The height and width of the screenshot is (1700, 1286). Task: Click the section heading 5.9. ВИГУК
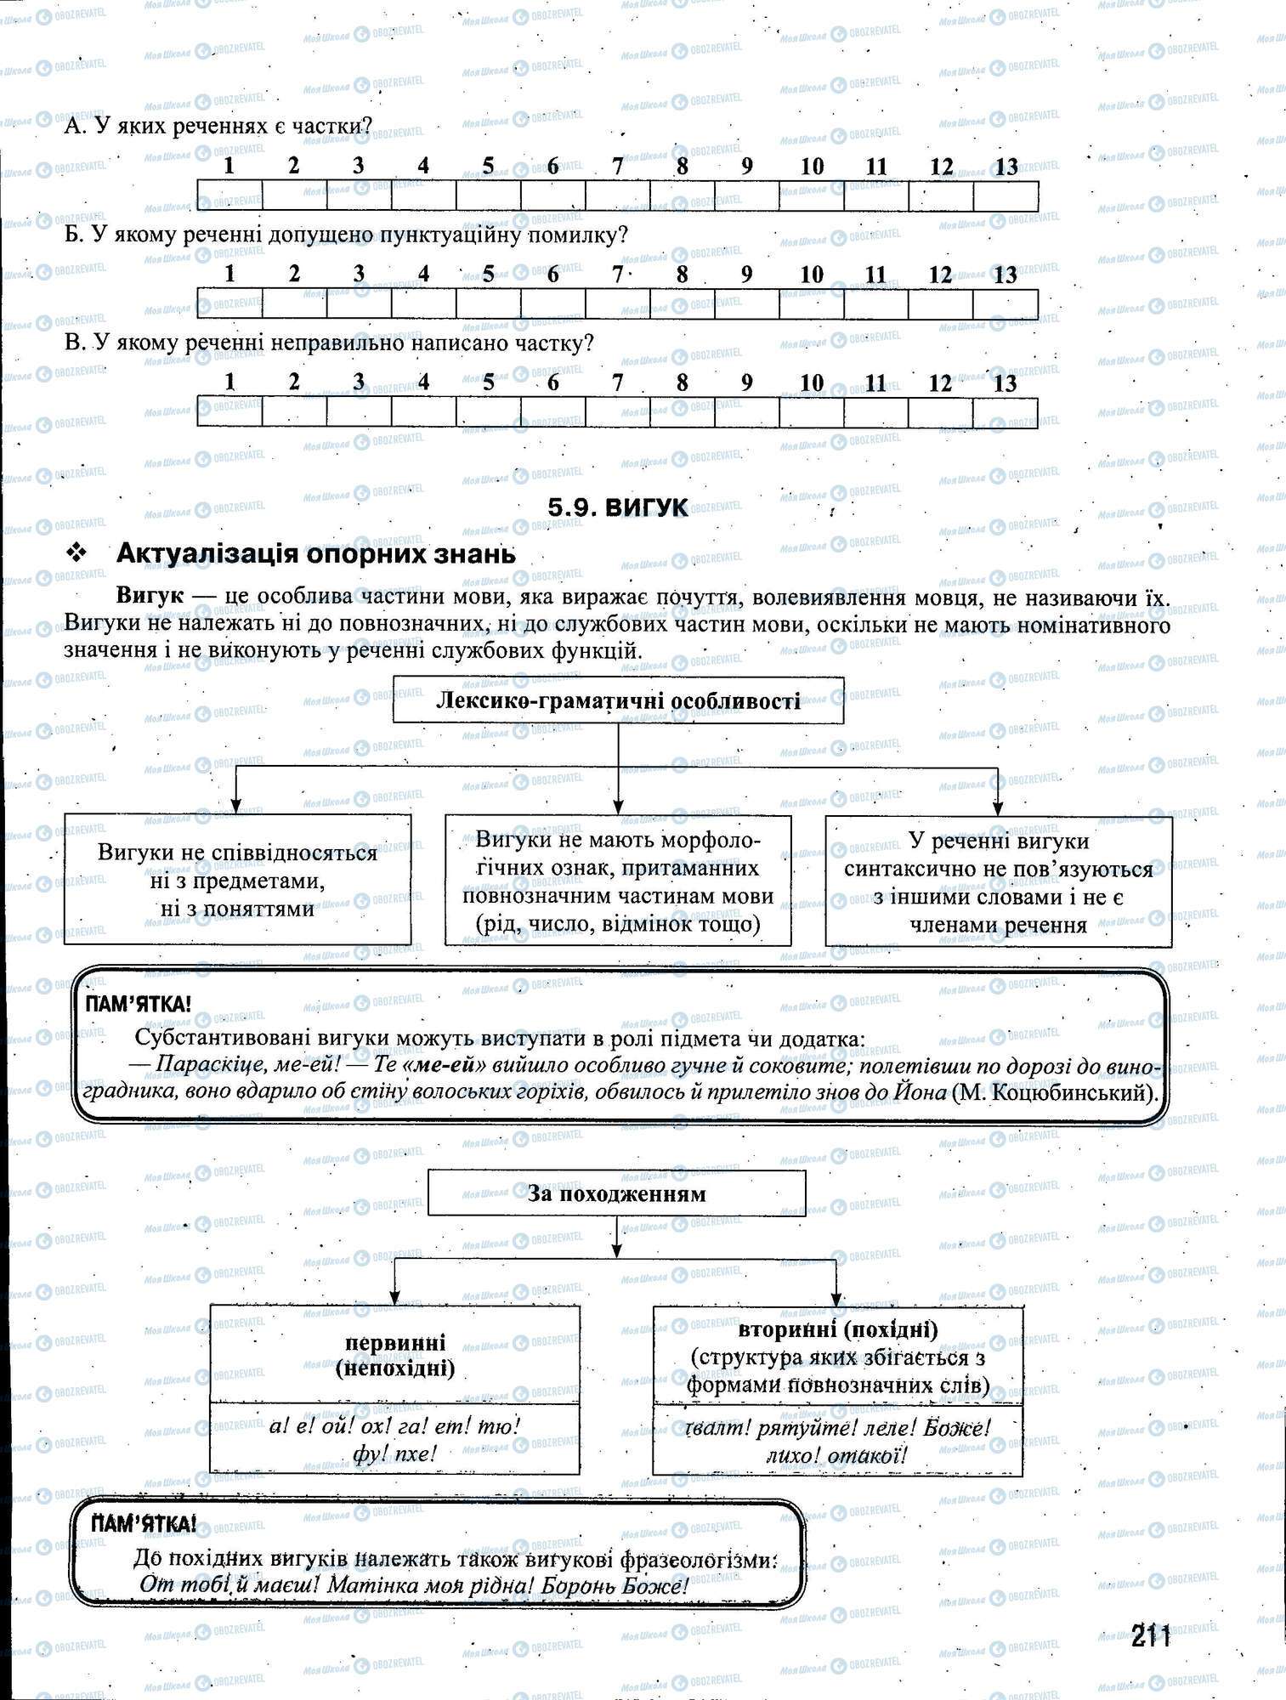pos(618,507)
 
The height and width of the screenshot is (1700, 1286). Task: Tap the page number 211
pos(1151,1635)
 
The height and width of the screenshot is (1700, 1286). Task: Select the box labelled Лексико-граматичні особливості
pos(618,700)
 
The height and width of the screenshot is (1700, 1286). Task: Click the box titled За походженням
pos(616,1193)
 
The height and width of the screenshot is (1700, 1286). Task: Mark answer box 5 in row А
pos(488,195)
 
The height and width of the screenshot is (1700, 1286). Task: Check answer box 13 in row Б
pos(1006,303)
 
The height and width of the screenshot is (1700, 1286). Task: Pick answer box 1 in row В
pos(229,411)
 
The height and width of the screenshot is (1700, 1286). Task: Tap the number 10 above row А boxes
pos(812,167)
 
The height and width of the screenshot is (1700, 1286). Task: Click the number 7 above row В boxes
pos(618,382)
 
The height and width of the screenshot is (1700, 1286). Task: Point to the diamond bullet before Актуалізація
pos(77,553)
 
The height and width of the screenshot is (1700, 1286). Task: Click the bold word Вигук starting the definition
pos(150,595)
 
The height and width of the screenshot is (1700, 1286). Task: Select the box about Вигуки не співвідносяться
pos(237,880)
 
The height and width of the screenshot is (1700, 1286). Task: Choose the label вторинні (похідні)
pos(837,1329)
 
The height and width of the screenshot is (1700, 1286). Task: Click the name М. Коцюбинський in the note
pos(1055,1092)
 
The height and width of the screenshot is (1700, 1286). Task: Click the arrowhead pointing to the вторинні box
pos(836,1299)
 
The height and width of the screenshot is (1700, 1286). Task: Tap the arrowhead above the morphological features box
pos(618,806)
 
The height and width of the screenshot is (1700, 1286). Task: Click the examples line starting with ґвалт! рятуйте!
pos(837,1428)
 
